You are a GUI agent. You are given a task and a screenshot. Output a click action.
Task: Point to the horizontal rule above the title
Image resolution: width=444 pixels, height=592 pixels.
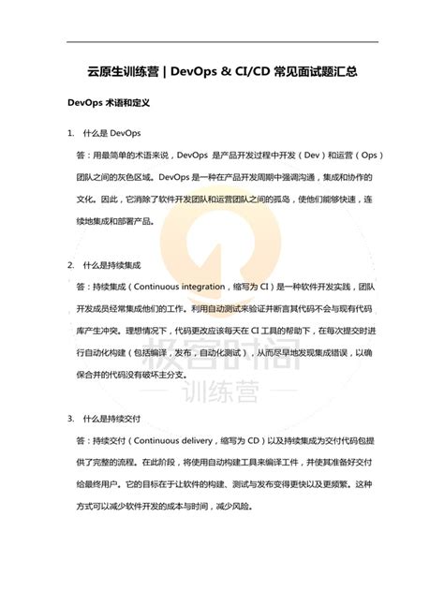tap(222, 41)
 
